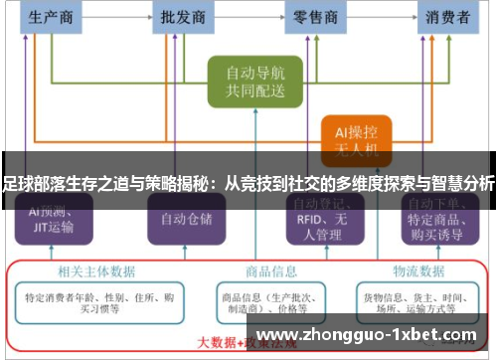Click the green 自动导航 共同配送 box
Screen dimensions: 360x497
pyautogui.click(x=254, y=82)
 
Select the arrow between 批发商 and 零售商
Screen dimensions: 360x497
pyautogui.click(x=249, y=17)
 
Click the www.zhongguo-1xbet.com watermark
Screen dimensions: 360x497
pyautogui.click(x=367, y=333)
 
